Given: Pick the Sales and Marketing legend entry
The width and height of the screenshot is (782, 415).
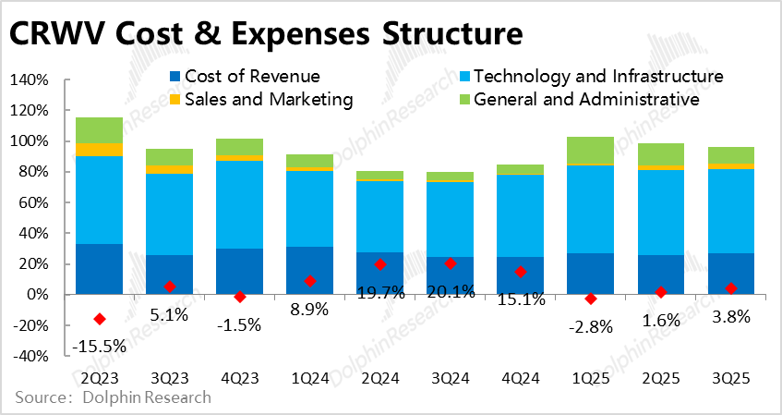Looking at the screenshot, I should pyautogui.click(x=261, y=99).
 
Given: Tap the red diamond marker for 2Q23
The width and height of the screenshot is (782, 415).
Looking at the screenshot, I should pyautogui.click(x=100, y=319).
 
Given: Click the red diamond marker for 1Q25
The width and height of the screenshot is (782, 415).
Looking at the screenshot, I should pyautogui.click(x=591, y=299).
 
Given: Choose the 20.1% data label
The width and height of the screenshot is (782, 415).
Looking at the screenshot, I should pyautogui.click(x=450, y=292).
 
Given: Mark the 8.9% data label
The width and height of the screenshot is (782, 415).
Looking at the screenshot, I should pyautogui.click(x=310, y=309).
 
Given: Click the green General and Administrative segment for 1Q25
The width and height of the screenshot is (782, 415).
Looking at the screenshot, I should pyautogui.click(x=591, y=151).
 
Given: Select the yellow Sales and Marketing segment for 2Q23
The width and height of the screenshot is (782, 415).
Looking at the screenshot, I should pyautogui.click(x=100, y=150).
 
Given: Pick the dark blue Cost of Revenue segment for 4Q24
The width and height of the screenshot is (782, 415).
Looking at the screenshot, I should pyautogui.click(x=521, y=275).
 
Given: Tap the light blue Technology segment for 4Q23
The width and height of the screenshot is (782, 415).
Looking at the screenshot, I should pyautogui.click(x=240, y=204).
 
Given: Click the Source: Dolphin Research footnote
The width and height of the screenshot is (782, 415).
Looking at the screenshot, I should pyautogui.click(x=113, y=398).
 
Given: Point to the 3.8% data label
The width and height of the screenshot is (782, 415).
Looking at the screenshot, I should pyautogui.click(x=730, y=316).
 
